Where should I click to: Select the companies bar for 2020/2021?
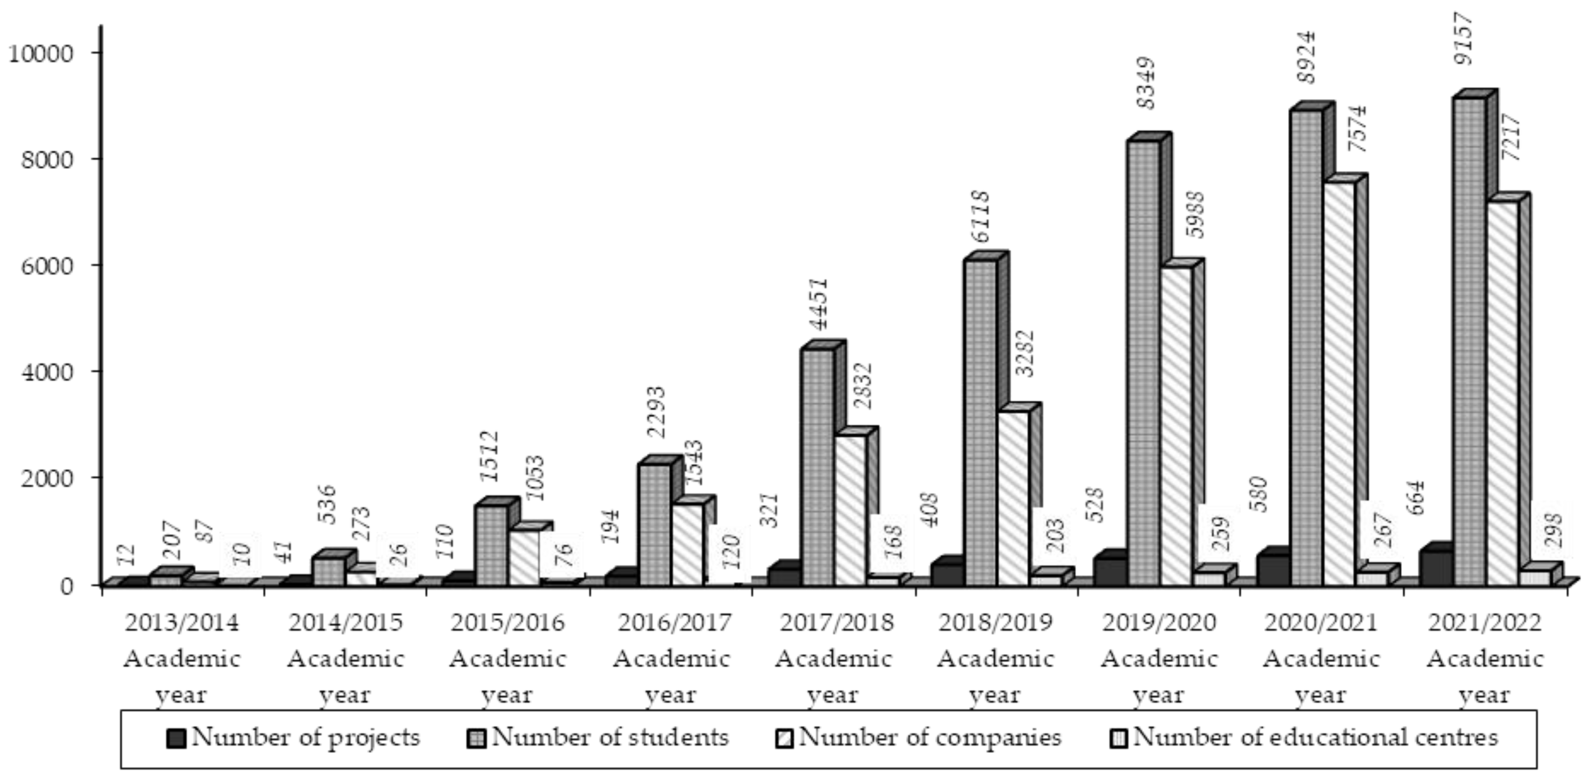click(x=1338, y=382)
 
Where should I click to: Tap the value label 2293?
click(x=657, y=411)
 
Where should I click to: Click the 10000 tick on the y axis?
click(x=40, y=53)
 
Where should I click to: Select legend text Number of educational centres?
click(x=1315, y=738)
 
